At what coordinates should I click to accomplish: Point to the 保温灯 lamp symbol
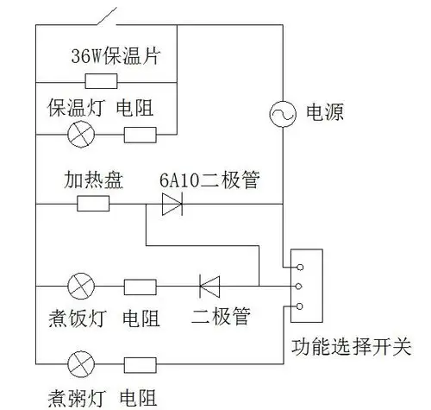point(82,135)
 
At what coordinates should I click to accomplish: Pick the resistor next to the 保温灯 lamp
point(140,135)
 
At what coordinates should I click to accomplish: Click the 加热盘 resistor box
point(93,204)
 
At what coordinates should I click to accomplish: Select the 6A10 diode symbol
point(172,204)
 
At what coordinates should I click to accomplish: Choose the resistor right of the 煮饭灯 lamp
point(140,286)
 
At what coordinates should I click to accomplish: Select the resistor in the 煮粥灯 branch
point(140,361)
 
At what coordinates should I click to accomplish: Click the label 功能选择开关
point(351,349)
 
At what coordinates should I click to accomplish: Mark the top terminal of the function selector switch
point(298,264)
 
